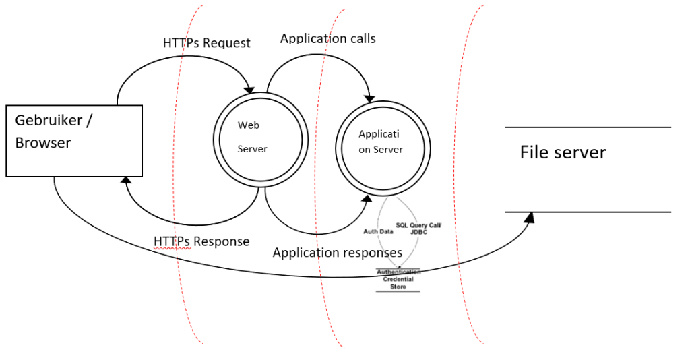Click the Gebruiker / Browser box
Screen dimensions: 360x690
tap(74, 141)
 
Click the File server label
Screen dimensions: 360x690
tap(563, 152)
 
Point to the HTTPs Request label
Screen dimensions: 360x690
tap(206, 43)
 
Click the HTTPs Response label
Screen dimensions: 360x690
tap(201, 241)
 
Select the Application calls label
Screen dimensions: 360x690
tap(327, 38)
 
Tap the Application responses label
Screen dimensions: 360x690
tap(337, 253)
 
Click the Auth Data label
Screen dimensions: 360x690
tap(378, 231)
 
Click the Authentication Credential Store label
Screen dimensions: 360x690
tap(398, 279)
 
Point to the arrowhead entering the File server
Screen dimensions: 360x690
tap(530, 218)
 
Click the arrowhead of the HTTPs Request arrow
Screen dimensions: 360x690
tap(250, 89)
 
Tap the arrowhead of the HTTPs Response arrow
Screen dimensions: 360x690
tap(126, 179)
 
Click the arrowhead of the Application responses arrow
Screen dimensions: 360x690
tap(367, 197)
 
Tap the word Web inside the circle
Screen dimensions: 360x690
tap(248, 125)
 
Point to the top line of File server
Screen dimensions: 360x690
tap(588, 127)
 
